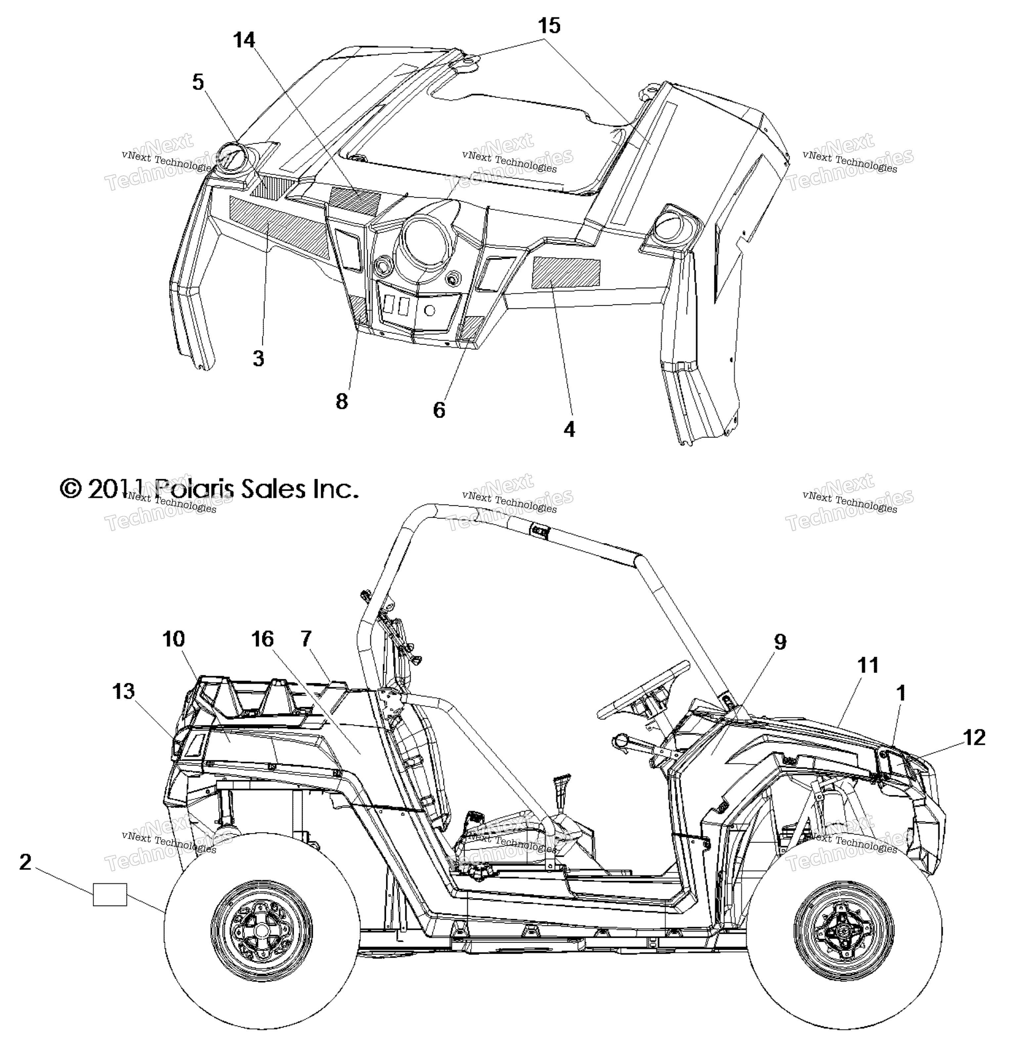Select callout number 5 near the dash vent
point(198,82)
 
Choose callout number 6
point(439,410)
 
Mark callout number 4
point(570,429)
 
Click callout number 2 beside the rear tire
point(25,862)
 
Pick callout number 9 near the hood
point(780,642)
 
